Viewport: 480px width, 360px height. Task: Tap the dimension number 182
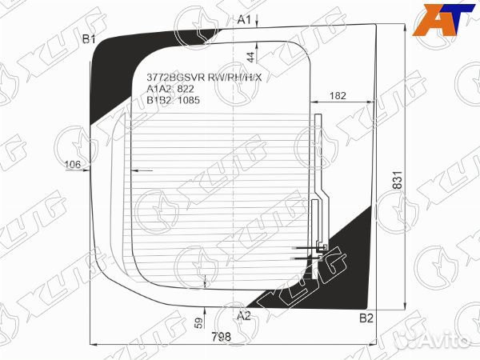click(338, 96)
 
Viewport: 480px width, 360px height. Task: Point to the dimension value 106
click(73, 166)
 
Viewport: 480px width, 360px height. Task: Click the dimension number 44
click(250, 57)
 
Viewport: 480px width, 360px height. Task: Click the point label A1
click(244, 19)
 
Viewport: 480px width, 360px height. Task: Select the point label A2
click(244, 315)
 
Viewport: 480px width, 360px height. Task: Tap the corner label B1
click(90, 39)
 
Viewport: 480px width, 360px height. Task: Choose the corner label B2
click(366, 318)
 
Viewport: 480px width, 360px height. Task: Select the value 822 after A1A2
click(185, 89)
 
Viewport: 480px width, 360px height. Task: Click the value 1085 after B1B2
click(187, 100)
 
